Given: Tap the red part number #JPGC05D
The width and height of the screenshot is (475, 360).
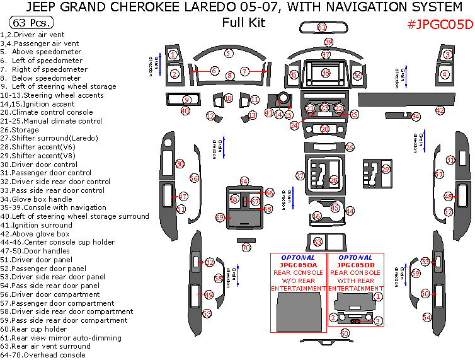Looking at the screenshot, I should click(x=439, y=25).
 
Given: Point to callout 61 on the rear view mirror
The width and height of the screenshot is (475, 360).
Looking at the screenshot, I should click(x=322, y=28).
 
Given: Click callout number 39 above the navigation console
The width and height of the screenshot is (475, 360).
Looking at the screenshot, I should click(x=328, y=42).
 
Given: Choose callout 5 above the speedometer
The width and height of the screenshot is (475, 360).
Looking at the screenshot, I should click(x=229, y=54).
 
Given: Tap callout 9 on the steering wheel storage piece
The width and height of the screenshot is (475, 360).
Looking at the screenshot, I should click(x=186, y=100).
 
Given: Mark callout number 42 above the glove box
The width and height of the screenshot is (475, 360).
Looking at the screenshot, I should click(x=440, y=110).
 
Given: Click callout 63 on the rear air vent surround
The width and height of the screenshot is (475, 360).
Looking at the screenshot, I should click(x=318, y=241).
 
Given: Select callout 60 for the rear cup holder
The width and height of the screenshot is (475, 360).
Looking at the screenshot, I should click(x=345, y=332).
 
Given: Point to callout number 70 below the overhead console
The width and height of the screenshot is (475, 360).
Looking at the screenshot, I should click(x=246, y=248).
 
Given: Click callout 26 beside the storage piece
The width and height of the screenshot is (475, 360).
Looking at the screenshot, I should click(x=350, y=147).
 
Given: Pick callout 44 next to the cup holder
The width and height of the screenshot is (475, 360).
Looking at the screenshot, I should click(x=350, y=211).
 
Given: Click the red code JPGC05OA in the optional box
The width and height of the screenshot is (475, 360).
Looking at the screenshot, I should click(x=299, y=265).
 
